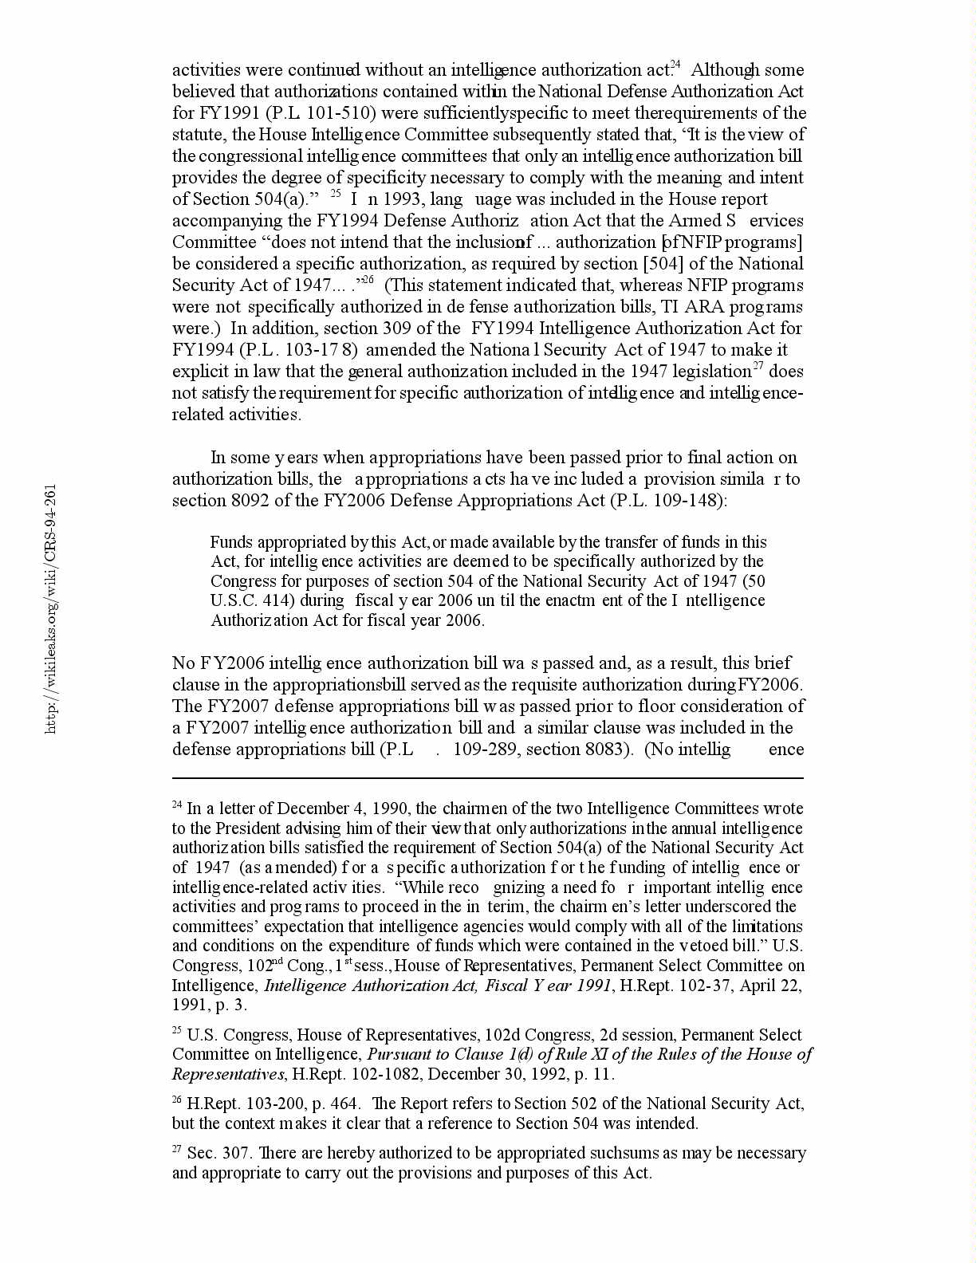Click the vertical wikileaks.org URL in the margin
51,609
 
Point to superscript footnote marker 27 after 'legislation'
758,368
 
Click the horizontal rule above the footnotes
487,778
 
